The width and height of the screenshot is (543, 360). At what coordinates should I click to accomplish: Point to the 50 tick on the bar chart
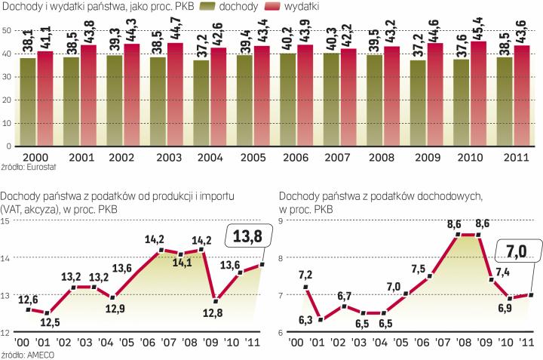(x=6, y=29)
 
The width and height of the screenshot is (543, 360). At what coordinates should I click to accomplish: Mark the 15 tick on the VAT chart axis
(x=6, y=220)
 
